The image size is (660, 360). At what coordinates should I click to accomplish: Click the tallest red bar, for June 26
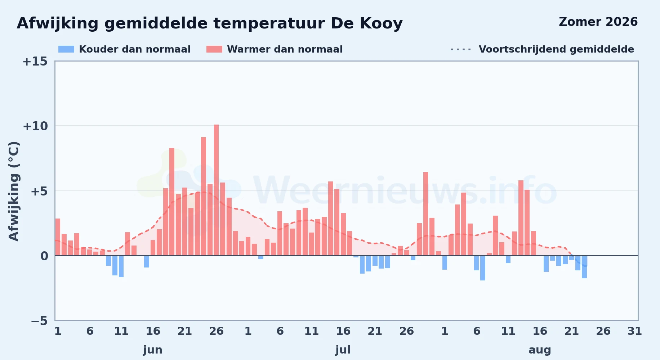pyautogui.click(x=216, y=190)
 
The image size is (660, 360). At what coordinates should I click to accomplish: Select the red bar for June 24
pyautogui.click(x=204, y=196)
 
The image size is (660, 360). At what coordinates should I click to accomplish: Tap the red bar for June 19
pyautogui.click(x=172, y=202)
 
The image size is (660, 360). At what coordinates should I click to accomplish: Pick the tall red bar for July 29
pyautogui.click(x=425, y=214)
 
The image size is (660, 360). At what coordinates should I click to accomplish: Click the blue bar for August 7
pyautogui.click(x=483, y=268)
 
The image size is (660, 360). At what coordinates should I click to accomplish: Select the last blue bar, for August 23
pyautogui.click(x=584, y=267)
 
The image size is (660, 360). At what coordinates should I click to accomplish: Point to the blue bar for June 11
pyautogui.click(x=121, y=266)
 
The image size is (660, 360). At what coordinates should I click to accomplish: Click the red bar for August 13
pyautogui.click(x=521, y=218)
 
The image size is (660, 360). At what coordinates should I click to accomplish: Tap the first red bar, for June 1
pyautogui.click(x=58, y=237)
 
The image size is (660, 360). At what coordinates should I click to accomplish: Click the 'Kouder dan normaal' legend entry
pyautogui.click(x=124, y=49)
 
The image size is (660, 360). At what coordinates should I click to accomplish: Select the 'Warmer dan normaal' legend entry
pyautogui.click(x=275, y=49)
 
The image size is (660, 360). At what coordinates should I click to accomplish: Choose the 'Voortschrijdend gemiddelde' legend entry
pyautogui.click(x=542, y=49)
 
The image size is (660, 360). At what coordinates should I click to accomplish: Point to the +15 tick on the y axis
pyautogui.click(x=35, y=62)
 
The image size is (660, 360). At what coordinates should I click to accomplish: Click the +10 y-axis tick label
pyautogui.click(x=35, y=126)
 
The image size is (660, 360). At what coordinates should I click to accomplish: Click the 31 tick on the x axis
pyautogui.click(x=635, y=331)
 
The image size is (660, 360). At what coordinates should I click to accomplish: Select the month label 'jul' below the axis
pyautogui.click(x=343, y=350)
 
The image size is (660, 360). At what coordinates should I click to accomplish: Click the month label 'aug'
pyautogui.click(x=540, y=350)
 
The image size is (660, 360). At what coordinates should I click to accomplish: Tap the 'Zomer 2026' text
pyautogui.click(x=598, y=22)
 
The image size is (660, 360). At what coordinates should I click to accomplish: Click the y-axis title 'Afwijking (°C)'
pyautogui.click(x=14, y=191)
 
